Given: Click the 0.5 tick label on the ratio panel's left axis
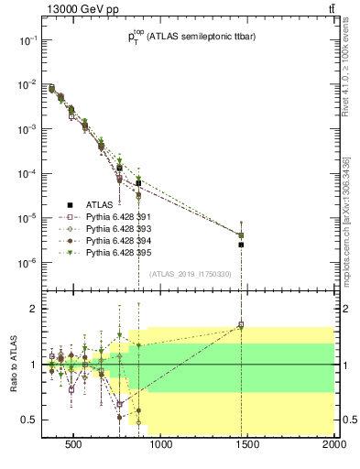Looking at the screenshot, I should click(27, 420).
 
